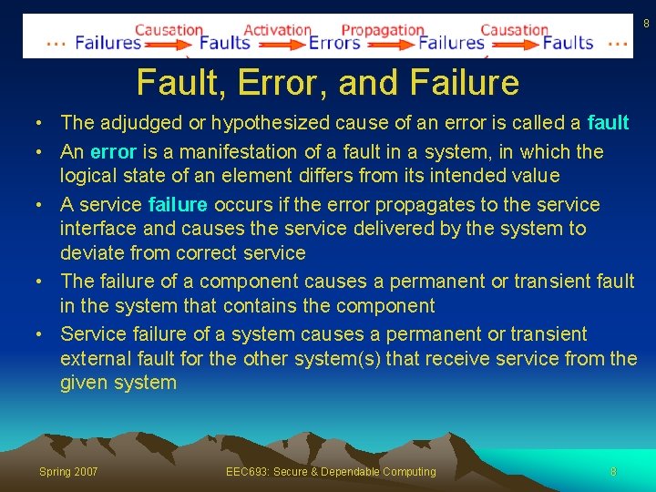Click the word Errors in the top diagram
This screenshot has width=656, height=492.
(x=334, y=42)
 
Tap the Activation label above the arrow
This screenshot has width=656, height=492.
(x=278, y=29)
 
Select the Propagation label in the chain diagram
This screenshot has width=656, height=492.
(x=383, y=29)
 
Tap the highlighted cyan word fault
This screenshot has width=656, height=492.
(x=608, y=122)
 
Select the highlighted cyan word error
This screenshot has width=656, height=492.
(x=113, y=151)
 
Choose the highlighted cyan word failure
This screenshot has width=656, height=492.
(x=178, y=204)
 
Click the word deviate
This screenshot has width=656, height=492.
(x=88, y=252)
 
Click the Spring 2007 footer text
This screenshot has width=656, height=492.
(x=68, y=471)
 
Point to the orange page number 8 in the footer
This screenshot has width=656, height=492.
(x=613, y=471)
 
